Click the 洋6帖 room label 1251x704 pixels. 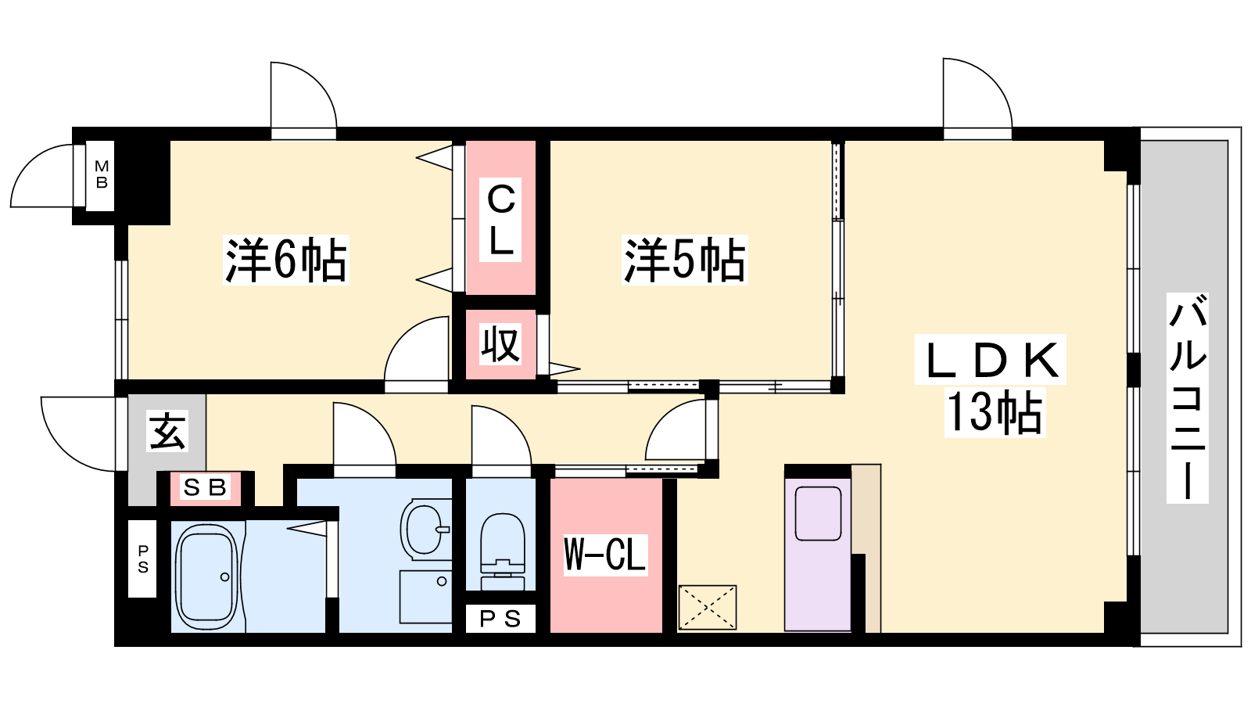(x=286, y=260)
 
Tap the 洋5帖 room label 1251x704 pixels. (x=685, y=260)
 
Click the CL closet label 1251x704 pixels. (x=500, y=220)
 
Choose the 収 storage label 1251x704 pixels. (x=501, y=344)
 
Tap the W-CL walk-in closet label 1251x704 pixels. (x=605, y=555)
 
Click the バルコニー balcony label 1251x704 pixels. (x=1188, y=398)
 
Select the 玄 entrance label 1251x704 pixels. (x=167, y=431)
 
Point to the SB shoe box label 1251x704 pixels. (x=205, y=488)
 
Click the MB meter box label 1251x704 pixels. (x=101, y=174)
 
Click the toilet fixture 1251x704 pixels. (x=503, y=551)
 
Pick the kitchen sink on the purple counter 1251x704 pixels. (x=818, y=514)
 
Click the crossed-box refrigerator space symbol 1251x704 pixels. (x=708, y=607)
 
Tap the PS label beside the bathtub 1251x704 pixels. (x=143, y=559)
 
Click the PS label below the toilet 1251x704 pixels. (x=500, y=619)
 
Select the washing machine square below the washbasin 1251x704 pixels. (x=425, y=597)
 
